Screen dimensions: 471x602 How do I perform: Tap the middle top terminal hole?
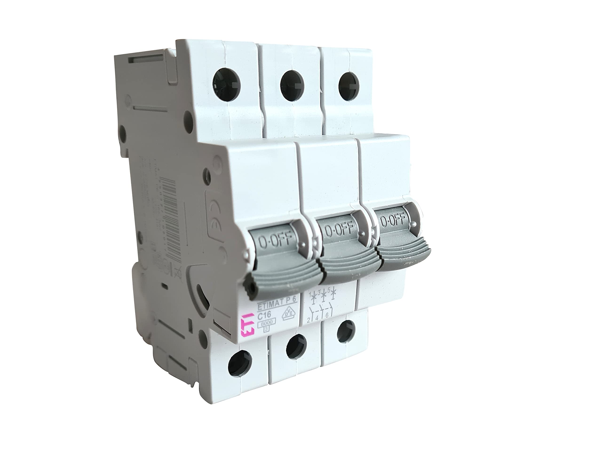click(x=292, y=84)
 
